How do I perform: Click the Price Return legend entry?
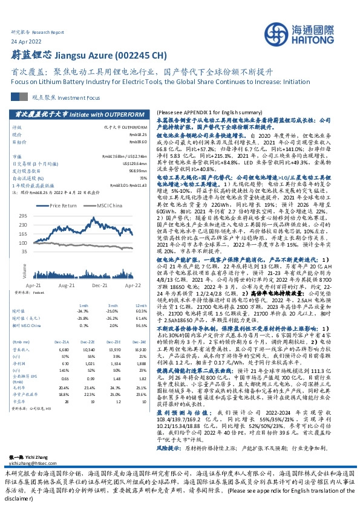point(64,206)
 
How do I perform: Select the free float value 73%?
point(145,178)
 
